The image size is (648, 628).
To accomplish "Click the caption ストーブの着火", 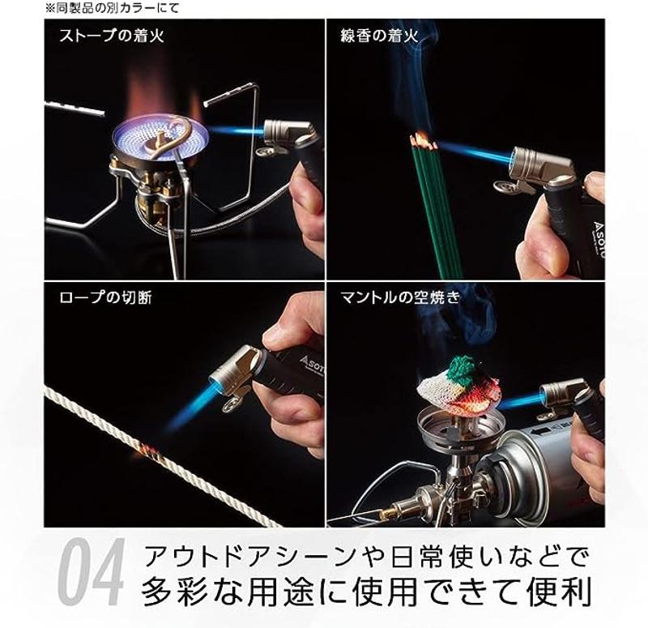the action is tap(112, 36).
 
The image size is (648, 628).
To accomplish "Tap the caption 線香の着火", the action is tap(378, 36).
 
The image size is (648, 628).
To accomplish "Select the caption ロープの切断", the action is tap(105, 297).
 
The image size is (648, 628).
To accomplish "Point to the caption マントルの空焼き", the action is tap(399, 297).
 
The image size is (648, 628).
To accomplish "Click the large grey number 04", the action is tap(91, 573).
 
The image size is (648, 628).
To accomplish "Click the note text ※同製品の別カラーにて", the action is tap(112, 8).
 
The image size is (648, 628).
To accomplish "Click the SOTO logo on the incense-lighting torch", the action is tap(599, 241).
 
